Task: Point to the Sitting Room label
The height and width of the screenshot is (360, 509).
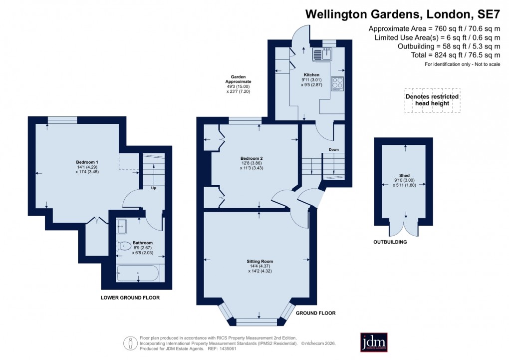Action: coord(260,261)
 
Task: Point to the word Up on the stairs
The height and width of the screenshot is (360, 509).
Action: coord(154,188)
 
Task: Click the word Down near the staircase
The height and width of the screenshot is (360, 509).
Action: coord(334,149)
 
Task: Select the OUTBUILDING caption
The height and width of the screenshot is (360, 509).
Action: coord(390,242)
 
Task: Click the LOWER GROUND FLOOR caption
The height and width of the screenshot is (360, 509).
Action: coord(130,298)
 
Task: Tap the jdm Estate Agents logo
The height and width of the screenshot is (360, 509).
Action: coord(374,342)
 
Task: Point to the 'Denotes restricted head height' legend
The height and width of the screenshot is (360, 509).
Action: coord(433,100)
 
